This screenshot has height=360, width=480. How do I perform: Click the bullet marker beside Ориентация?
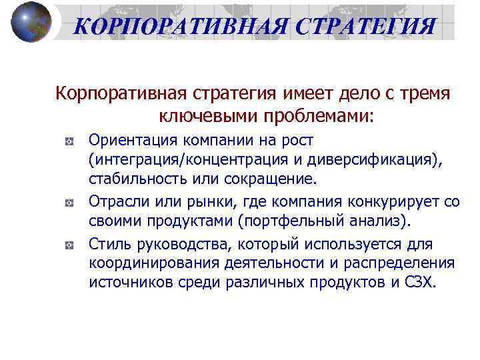pos(69,143)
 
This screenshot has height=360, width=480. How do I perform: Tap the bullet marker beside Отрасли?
pos(69,202)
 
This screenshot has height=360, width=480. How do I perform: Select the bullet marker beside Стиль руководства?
pos(69,245)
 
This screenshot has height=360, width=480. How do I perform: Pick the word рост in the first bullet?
pos(298,141)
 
